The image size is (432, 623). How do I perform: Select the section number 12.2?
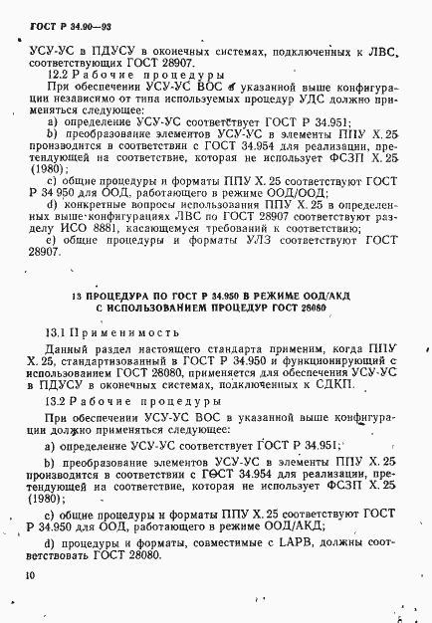(x=60, y=74)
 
